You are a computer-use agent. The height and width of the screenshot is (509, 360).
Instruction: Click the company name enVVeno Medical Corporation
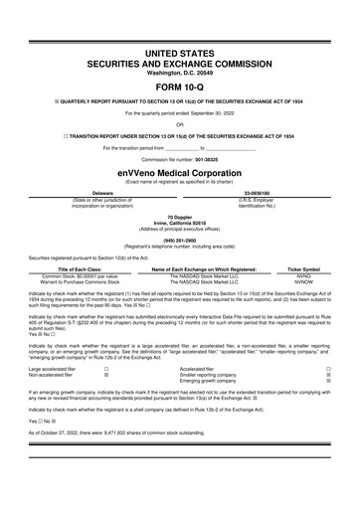pyautogui.click(x=180, y=173)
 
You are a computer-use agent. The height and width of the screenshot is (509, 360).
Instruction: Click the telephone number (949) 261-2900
pyautogui.click(x=180, y=239)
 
